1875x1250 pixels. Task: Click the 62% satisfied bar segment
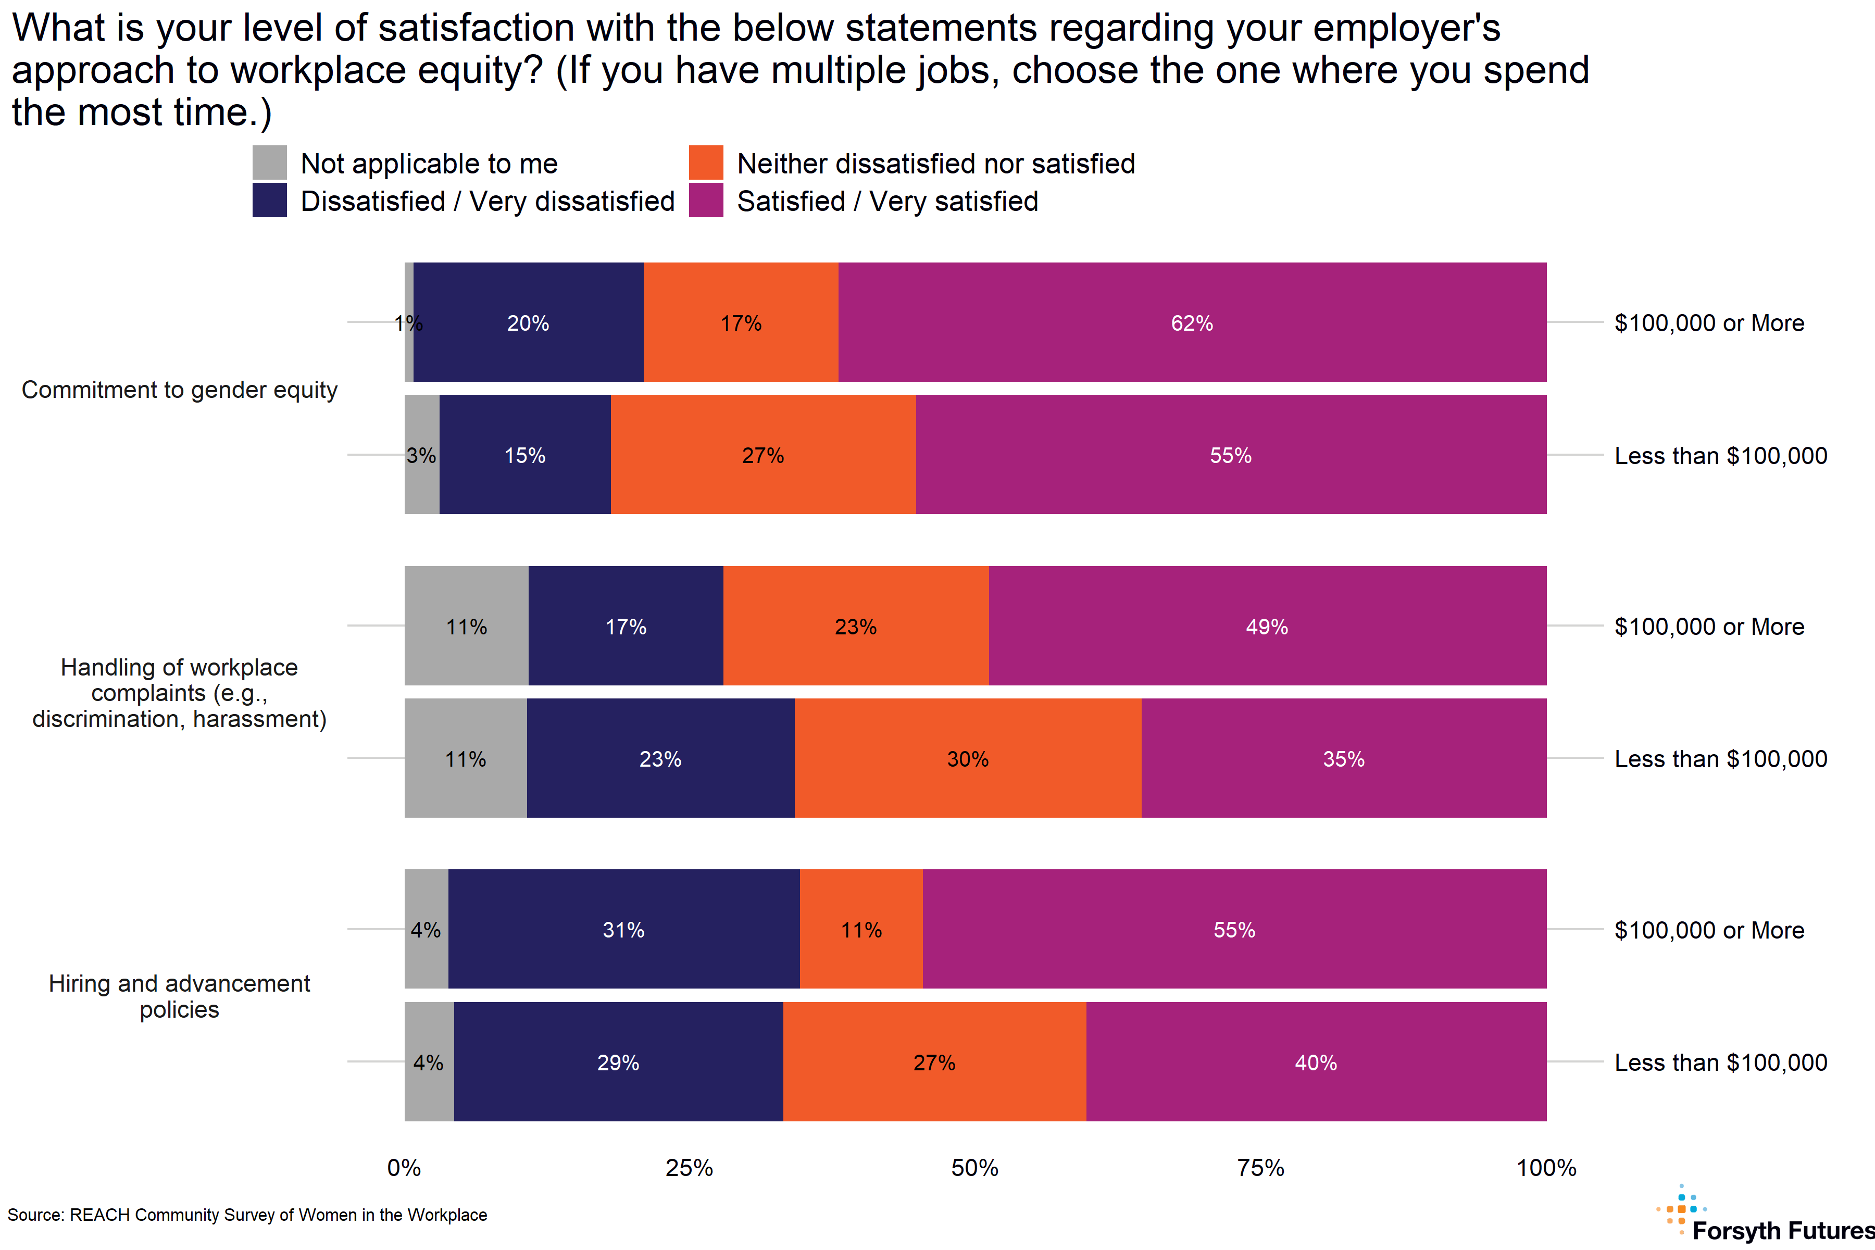[1192, 322]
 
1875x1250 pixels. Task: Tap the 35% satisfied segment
[1343, 758]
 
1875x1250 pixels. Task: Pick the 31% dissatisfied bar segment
[623, 929]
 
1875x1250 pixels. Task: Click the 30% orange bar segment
[968, 758]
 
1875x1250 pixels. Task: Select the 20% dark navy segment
[528, 322]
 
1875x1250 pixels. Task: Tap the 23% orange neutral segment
[855, 626]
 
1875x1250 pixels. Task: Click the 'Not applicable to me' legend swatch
[269, 162]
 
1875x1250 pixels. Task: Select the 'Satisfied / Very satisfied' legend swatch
[706, 200]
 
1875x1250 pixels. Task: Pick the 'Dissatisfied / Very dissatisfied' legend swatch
[269, 200]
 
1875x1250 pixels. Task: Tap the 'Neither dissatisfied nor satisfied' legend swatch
[706, 162]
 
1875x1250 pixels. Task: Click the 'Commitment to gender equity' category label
[179, 389]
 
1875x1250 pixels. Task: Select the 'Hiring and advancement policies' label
[179, 996]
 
